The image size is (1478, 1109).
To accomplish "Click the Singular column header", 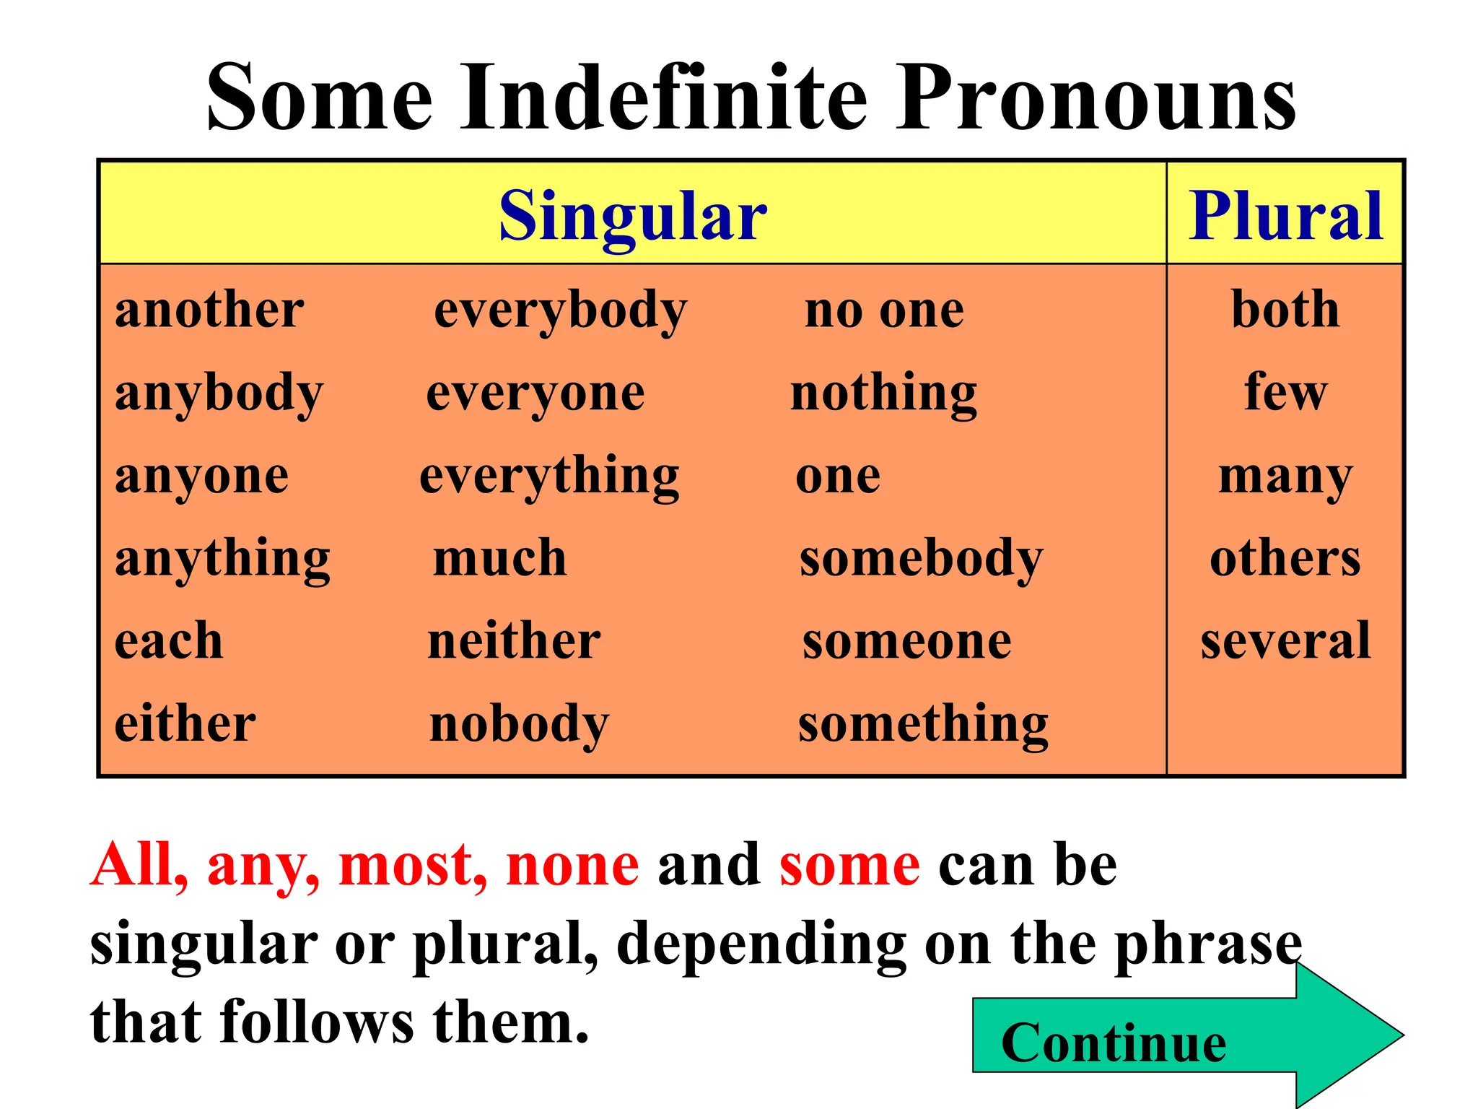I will tap(633, 216).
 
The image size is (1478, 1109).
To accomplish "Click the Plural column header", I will tap(1285, 216).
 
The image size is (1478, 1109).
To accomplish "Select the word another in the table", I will tap(209, 310).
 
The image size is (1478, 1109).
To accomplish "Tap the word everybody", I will tap(561, 312).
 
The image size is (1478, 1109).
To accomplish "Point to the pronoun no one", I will tap(884, 312).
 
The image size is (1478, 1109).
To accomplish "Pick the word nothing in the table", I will tap(884, 394).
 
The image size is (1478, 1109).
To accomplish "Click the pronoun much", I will tap(499, 559).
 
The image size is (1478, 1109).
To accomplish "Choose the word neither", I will tap(514, 641).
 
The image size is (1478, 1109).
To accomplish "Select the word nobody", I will tap(519, 724).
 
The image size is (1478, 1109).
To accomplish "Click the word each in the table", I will tap(169, 641).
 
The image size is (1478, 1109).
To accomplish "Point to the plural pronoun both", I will tap(1285, 310).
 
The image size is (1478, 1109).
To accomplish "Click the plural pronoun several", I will tap(1285, 641).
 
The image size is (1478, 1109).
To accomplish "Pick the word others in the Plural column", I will tap(1285, 559).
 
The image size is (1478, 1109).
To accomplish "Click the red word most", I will tap(412, 865).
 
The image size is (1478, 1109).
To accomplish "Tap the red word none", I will tap(573, 865).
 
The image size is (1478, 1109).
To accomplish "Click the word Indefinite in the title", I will tap(664, 97).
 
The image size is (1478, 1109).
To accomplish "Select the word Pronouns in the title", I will tap(1096, 97).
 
